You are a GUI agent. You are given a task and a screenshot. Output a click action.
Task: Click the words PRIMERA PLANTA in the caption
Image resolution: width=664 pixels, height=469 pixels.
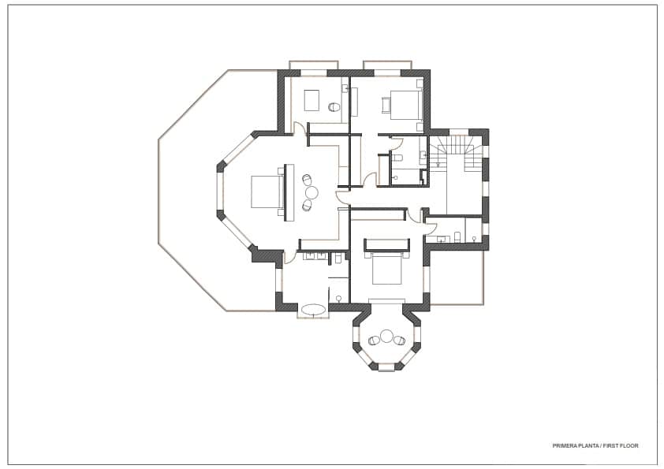(x=575, y=446)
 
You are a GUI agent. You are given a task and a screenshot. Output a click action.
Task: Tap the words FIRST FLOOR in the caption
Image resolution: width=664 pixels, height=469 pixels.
(x=621, y=446)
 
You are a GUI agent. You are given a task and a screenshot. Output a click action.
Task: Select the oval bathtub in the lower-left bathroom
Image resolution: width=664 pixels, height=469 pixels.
(x=313, y=309)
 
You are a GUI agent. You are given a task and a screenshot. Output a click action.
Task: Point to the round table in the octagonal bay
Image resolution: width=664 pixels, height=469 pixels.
(x=386, y=337)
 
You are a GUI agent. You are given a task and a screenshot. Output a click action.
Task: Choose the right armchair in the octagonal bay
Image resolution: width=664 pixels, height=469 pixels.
(x=400, y=341)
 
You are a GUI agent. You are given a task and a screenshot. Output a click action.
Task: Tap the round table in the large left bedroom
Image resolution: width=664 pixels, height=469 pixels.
(x=311, y=192)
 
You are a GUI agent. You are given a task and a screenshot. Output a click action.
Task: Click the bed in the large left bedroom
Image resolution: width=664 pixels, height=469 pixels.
(x=267, y=192)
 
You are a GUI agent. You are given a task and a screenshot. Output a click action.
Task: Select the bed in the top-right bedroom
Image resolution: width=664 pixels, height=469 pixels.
(x=402, y=104)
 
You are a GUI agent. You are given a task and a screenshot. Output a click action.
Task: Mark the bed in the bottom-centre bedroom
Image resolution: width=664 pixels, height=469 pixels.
(x=386, y=269)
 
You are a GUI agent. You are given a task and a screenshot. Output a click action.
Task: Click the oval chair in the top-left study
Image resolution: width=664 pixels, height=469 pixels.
(x=334, y=107)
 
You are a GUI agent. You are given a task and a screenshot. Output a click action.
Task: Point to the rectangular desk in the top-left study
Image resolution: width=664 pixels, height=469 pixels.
(x=311, y=101)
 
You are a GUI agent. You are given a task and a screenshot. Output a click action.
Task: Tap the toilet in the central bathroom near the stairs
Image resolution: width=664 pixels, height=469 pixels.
(x=394, y=177)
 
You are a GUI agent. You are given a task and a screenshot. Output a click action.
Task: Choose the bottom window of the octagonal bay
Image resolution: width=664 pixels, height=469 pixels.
(x=386, y=367)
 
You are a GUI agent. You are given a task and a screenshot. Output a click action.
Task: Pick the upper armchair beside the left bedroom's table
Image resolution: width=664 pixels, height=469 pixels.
(x=307, y=180)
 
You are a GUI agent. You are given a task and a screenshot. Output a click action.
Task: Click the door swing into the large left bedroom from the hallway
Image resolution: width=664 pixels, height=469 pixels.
(x=343, y=198)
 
